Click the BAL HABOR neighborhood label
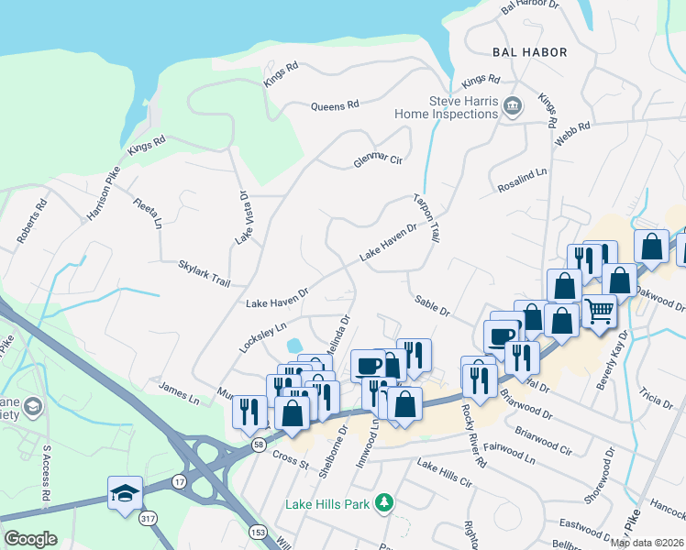tap(529, 52)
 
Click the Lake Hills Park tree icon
tap(387, 503)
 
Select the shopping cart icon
tap(600, 312)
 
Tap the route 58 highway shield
tap(259, 444)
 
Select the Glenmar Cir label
tap(379, 160)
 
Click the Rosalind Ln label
tap(522, 172)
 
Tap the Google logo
tap(30, 539)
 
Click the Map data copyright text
tap(647, 543)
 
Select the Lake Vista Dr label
tap(243, 217)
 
